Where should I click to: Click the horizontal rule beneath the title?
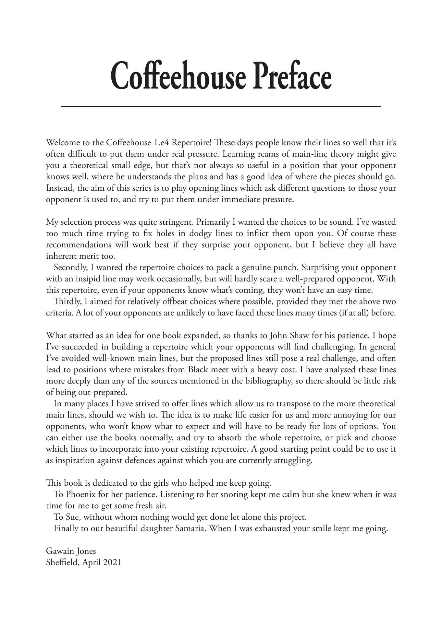(221, 106)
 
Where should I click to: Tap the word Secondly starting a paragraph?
(68, 267)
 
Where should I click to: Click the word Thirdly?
(67, 302)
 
